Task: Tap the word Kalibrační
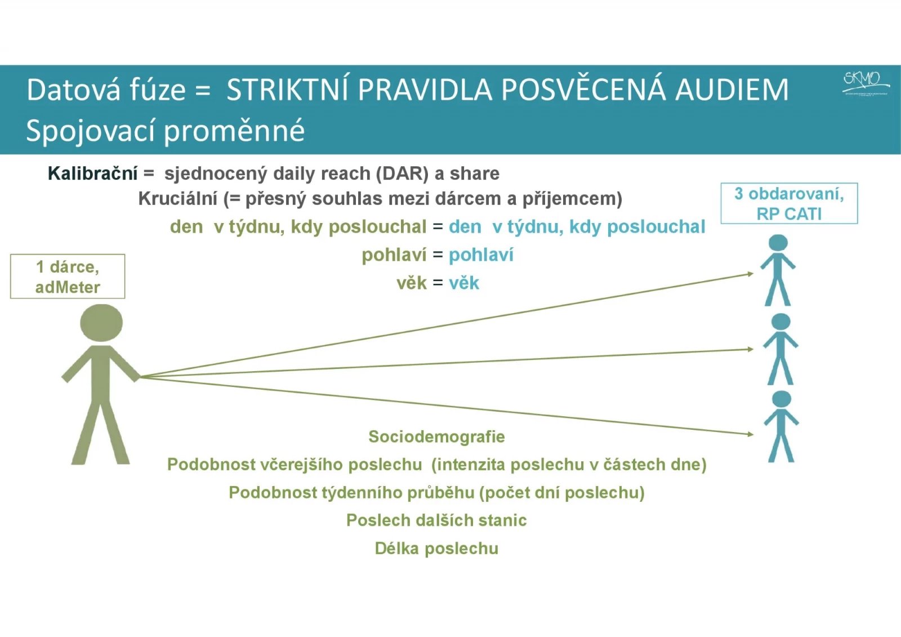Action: click(92, 173)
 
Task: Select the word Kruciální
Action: click(177, 199)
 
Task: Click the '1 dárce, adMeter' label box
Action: click(68, 277)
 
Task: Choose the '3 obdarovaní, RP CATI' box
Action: click(789, 203)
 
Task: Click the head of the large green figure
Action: click(101, 323)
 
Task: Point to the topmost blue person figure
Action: click(778, 270)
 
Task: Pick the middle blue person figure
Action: click(780, 349)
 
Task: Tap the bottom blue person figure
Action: click(781, 426)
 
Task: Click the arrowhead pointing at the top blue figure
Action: click(750, 274)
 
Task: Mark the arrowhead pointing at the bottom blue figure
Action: click(750, 434)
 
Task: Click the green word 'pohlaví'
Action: click(394, 255)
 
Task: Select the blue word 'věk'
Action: click(464, 283)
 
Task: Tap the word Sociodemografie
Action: click(436, 436)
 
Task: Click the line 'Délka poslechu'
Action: click(436, 548)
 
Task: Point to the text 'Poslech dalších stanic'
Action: click(436, 520)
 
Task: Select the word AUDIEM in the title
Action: click(731, 90)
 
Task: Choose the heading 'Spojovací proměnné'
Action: click(165, 131)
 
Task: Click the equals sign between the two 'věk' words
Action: click(438, 283)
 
